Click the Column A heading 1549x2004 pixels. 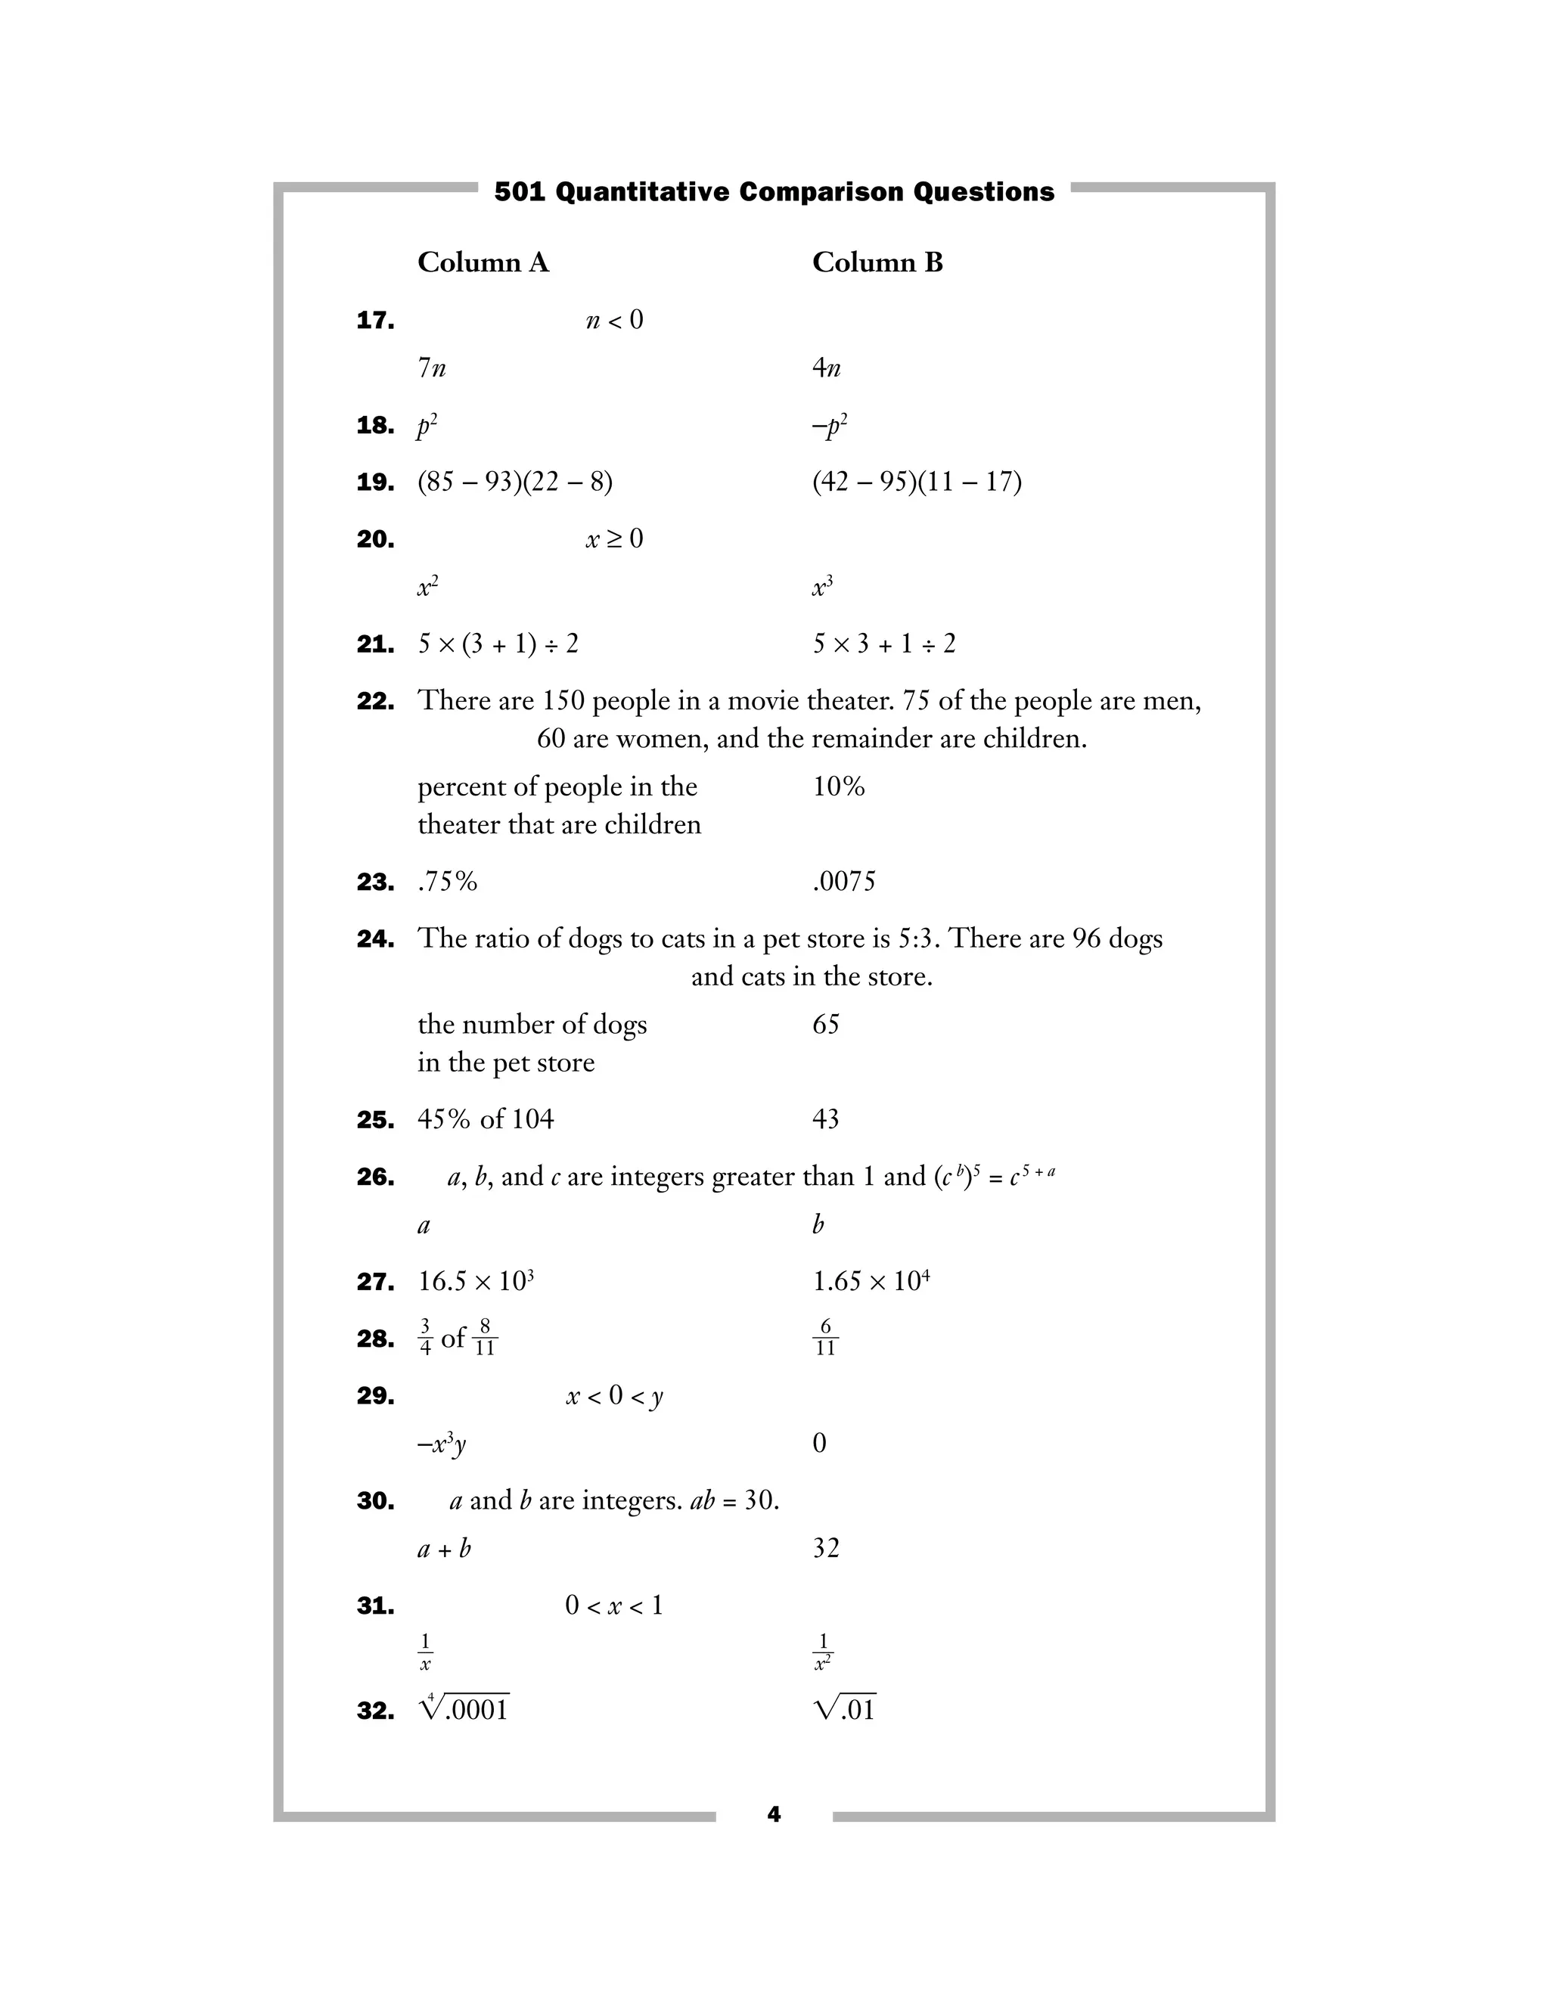tap(483, 262)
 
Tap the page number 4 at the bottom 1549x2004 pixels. tap(774, 1814)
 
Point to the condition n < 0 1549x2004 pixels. tap(614, 320)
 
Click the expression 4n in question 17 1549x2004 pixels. tap(826, 368)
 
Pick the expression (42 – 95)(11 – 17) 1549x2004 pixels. tap(916, 482)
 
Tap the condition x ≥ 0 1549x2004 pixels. tap(614, 538)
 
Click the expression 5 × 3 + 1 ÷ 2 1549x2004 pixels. tap(883, 644)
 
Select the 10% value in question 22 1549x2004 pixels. tap(838, 786)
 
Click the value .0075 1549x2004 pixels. tap(843, 882)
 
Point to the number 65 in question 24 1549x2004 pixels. tap(825, 1024)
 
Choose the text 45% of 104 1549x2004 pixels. tap(486, 1118)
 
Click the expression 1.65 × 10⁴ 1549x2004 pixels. tap(870, 1281)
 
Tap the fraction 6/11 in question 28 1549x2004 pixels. tap(825, 1338)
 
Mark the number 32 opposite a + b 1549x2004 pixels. tap(825, 1548)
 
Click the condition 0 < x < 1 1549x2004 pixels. tap(614, 1605)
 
